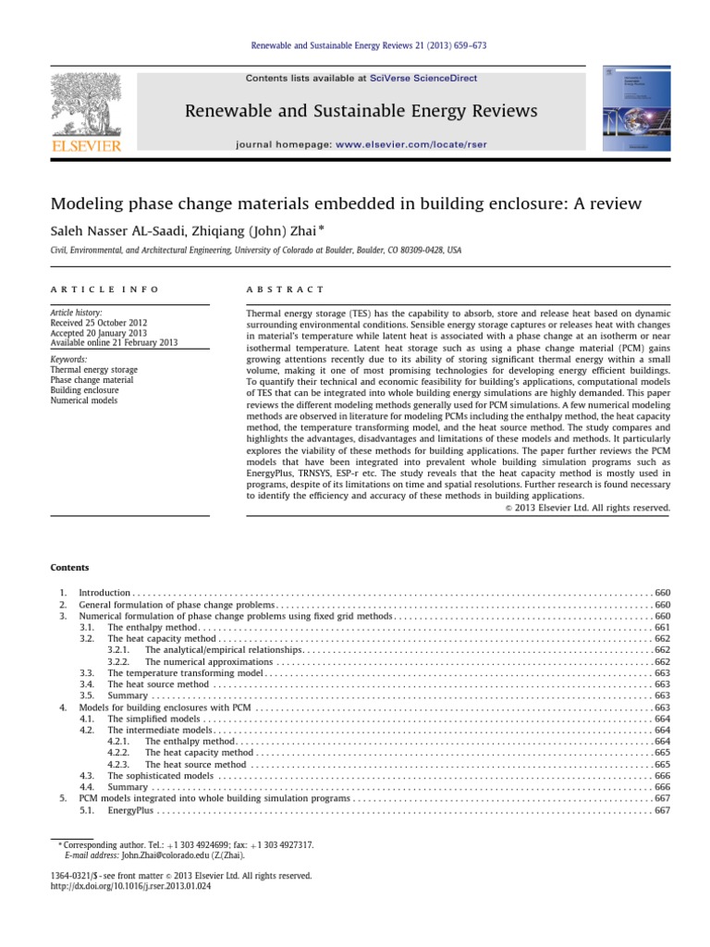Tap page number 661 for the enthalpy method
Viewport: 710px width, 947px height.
click(661, 627)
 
